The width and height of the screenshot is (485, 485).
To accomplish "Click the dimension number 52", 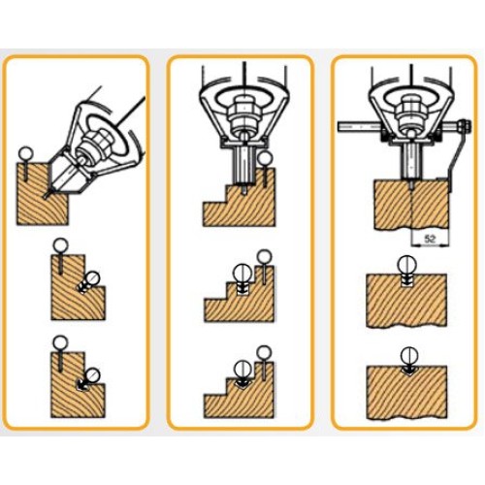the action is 430,240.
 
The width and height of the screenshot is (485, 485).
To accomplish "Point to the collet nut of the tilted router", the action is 98,141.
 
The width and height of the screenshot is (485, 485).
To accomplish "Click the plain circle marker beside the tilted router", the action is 25,153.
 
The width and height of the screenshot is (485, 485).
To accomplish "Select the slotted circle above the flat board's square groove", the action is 406,264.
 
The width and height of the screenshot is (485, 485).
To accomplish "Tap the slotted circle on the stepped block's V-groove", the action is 242,369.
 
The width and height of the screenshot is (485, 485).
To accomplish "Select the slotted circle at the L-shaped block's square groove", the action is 92,277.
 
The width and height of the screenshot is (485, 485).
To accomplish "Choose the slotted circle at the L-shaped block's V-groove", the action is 92,375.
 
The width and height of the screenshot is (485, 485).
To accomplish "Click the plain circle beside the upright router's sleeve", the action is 266,158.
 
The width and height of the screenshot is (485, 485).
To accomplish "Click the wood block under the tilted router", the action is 43,194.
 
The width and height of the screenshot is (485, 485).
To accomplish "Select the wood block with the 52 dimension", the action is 411,205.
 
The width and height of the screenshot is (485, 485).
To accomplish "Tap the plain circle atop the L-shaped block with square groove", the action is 60,246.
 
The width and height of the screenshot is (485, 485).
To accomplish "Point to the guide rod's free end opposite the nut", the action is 339,125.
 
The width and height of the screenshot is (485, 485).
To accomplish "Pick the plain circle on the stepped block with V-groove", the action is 264,353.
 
